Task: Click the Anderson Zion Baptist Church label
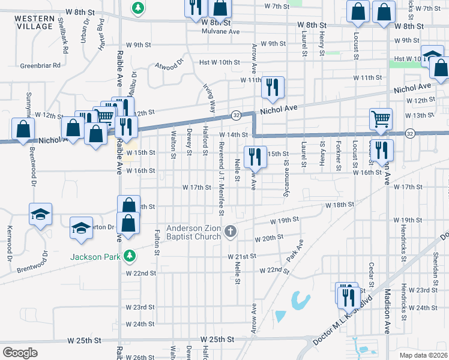(x=194, y=232)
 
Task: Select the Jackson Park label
(x=96, y=257)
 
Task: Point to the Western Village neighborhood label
(x=34, y=23)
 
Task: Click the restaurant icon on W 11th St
(x=273, y=87)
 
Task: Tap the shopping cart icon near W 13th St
(x=381, y=119)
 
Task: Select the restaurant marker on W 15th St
(x=255, y=157)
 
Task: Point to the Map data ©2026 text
(x=423, y=355)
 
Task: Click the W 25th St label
(x=217, y=340)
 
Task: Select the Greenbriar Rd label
(x=41, y=65)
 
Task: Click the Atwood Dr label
(x=169, y=65)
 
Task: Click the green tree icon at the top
(x=139, y=8)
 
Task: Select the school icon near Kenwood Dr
(x=41, y=214)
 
